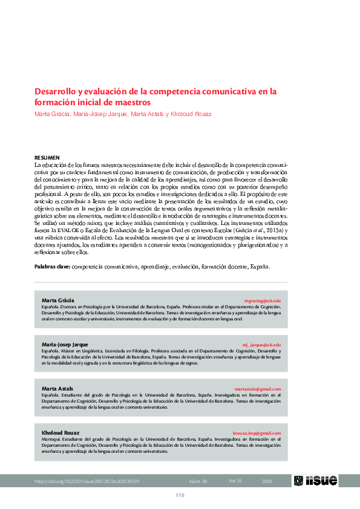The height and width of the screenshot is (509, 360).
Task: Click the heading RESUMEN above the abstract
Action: click(x=47, y=157)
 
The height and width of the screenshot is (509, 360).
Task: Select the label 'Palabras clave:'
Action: click(x=52, y=266)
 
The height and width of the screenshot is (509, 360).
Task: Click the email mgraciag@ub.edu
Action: click(x=262, y=300)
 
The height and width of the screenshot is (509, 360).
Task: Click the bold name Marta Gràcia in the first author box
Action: click(x=57, y=300)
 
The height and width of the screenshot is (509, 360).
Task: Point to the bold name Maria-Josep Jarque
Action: click(x=65, y=345)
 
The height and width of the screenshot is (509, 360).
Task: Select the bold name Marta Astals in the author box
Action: click(x=57, y=389)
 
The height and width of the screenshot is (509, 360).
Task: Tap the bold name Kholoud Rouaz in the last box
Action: click(x=61, y=433)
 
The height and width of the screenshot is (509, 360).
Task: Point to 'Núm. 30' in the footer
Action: click(x=198, y=481)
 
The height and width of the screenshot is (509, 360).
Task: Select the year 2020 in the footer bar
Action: click(x=266, y=481)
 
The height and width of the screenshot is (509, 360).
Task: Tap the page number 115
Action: click(x=180, y=496)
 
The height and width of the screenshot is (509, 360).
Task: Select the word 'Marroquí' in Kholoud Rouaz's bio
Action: click(x=50, y=439)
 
